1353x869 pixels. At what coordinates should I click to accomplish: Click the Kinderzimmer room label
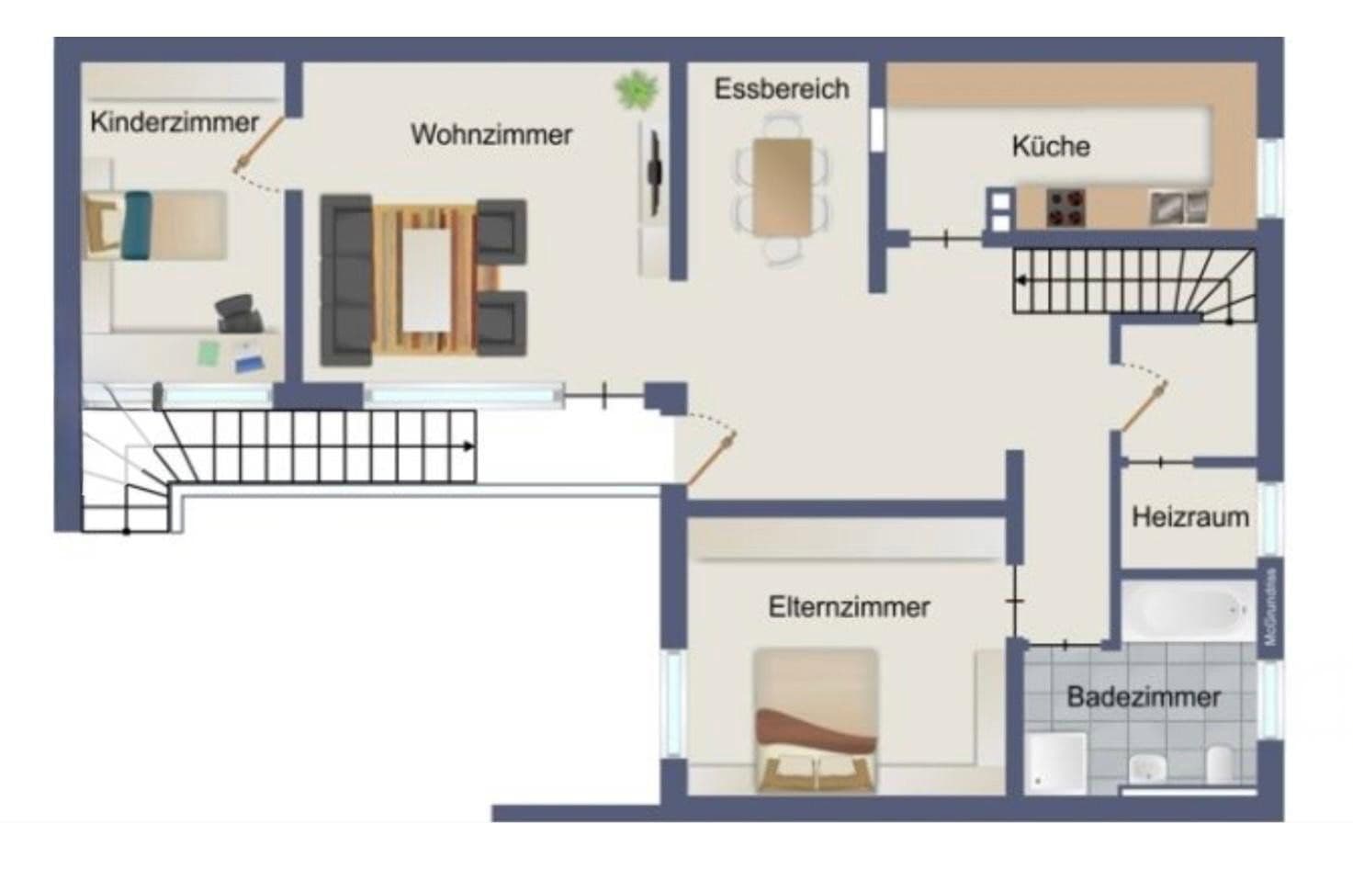tap(174, 122)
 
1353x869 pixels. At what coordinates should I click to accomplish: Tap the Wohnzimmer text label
tap(491, 135)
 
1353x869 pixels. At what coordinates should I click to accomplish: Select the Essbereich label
tap(782, 89)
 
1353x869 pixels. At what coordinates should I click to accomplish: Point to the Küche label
tap(1051, 146)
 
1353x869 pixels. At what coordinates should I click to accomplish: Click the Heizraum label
tap(1190, 517)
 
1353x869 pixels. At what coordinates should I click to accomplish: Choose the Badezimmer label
tap(1143, 697)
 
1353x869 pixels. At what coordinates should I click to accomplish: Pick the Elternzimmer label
tap(849, 607)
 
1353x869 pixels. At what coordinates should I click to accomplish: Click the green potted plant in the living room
tap(636, 91)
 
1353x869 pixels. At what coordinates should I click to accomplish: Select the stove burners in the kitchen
tap(1065, 208)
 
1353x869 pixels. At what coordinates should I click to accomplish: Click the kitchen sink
tap(1178, 208)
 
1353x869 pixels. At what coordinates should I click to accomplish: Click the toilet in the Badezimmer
tap(1220, 765)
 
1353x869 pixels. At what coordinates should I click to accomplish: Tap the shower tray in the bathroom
tap(1056, 762)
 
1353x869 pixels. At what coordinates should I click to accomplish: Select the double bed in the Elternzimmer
tap(815, 721)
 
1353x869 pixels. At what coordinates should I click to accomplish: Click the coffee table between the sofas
tap(428, 278)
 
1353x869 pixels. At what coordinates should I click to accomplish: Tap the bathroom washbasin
tap(1145, 766)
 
